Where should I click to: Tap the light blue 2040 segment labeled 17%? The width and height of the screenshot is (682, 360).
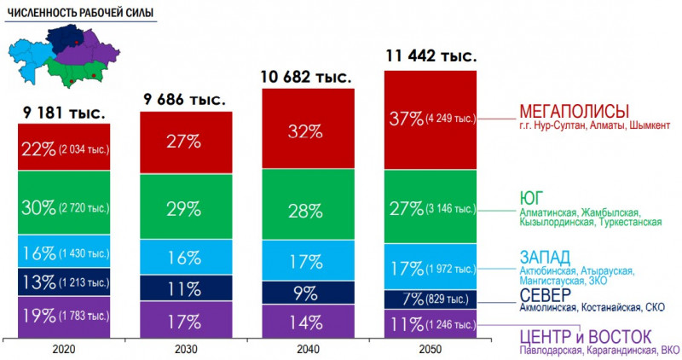(305, 259)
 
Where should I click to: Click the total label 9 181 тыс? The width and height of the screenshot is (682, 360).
(62, 112)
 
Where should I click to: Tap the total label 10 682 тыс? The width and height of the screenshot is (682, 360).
(305, 77)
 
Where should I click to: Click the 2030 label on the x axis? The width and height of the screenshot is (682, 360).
(184, 349)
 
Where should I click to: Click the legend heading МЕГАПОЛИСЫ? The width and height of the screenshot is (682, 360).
(574, 111)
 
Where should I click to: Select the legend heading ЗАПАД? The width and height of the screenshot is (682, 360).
(545, 257)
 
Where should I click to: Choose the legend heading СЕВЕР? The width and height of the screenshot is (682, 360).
(546, 294)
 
